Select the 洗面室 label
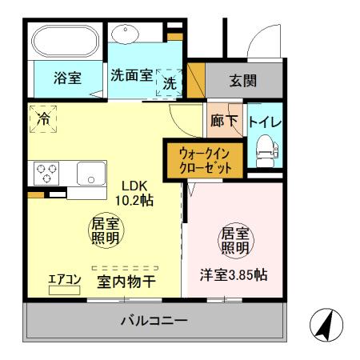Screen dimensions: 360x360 point(131,75)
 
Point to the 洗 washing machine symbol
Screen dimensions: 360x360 point(170,82)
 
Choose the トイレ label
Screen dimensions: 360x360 point(263,122)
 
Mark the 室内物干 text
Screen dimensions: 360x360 point(126,282)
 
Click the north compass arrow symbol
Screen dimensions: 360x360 point(326,326)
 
